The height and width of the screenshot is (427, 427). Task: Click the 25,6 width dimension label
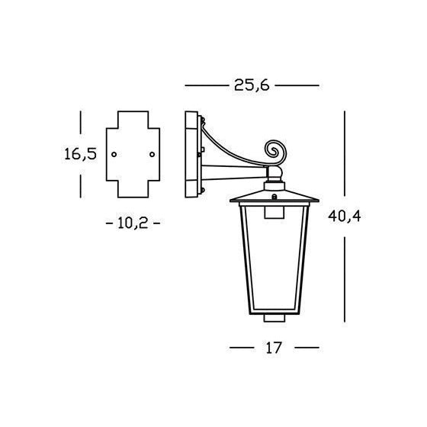point(252,85)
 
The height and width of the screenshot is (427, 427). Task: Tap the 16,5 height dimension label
point(81,154)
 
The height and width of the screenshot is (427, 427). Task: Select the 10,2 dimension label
point(133,223)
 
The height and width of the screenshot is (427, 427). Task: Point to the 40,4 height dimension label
point(345,217)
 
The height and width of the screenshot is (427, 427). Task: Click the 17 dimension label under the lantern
point(274,348)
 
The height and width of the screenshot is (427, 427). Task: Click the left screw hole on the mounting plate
point(114,154)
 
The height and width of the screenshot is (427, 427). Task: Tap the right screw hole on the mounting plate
point(152,154)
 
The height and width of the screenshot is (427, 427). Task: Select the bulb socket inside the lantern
point(274,213)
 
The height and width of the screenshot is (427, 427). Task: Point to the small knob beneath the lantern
point(274,318)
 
